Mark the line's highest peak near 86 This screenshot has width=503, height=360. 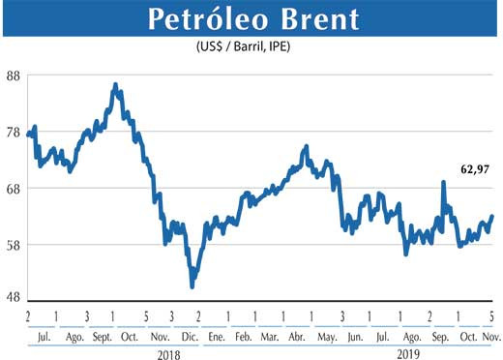(x=115, y=85)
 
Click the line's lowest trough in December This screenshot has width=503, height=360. (x=192, y=286)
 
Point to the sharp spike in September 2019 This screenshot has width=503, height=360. (x=444, y=182)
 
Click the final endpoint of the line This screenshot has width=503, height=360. (x=492, y=216)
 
